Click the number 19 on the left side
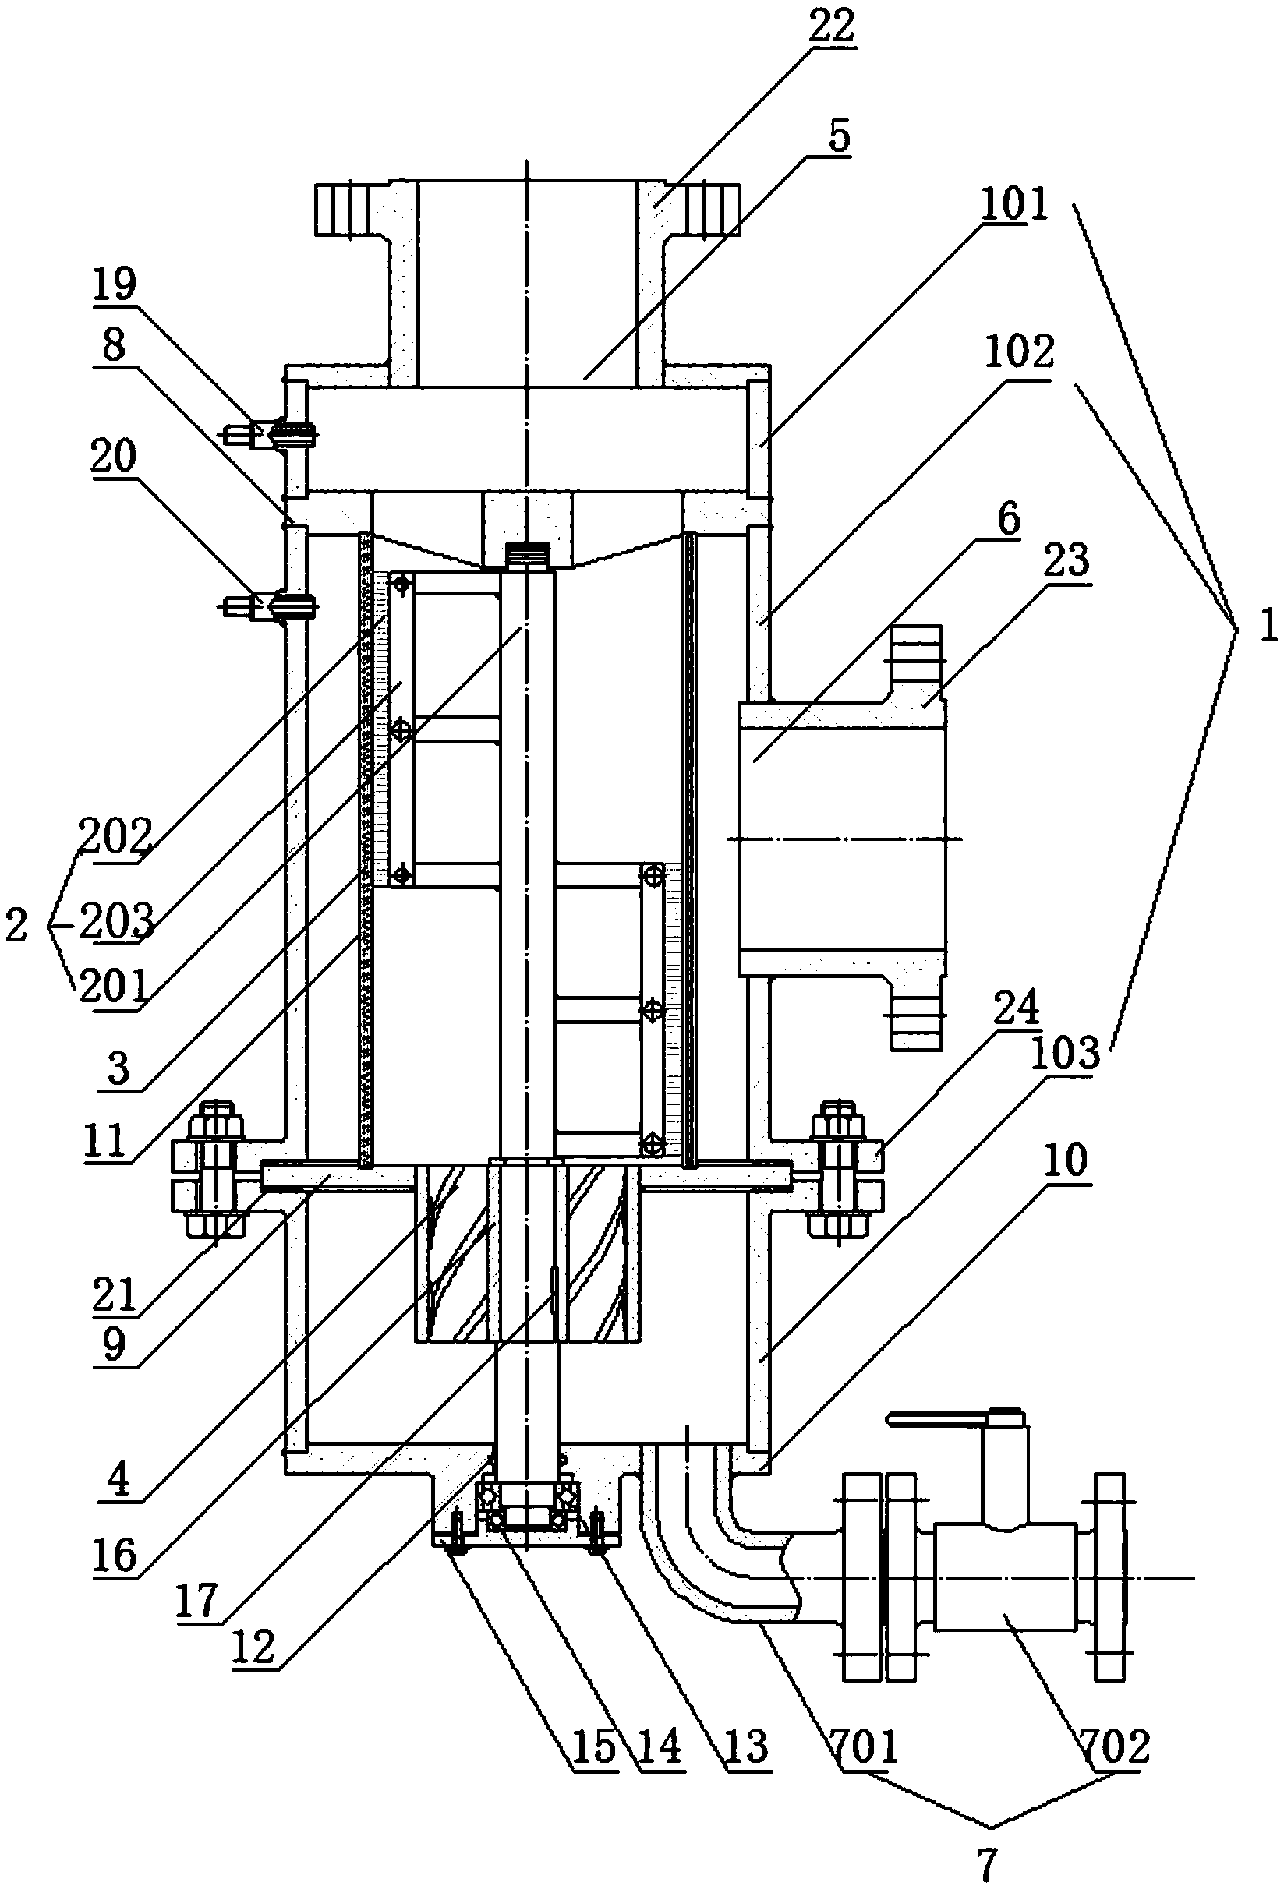[x=114, y=284]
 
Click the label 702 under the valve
[x=1115, y=1744]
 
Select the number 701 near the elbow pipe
[x=865, y=1744]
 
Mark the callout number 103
[x=1065, y=1054]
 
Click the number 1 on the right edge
[x=1268, y=627]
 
